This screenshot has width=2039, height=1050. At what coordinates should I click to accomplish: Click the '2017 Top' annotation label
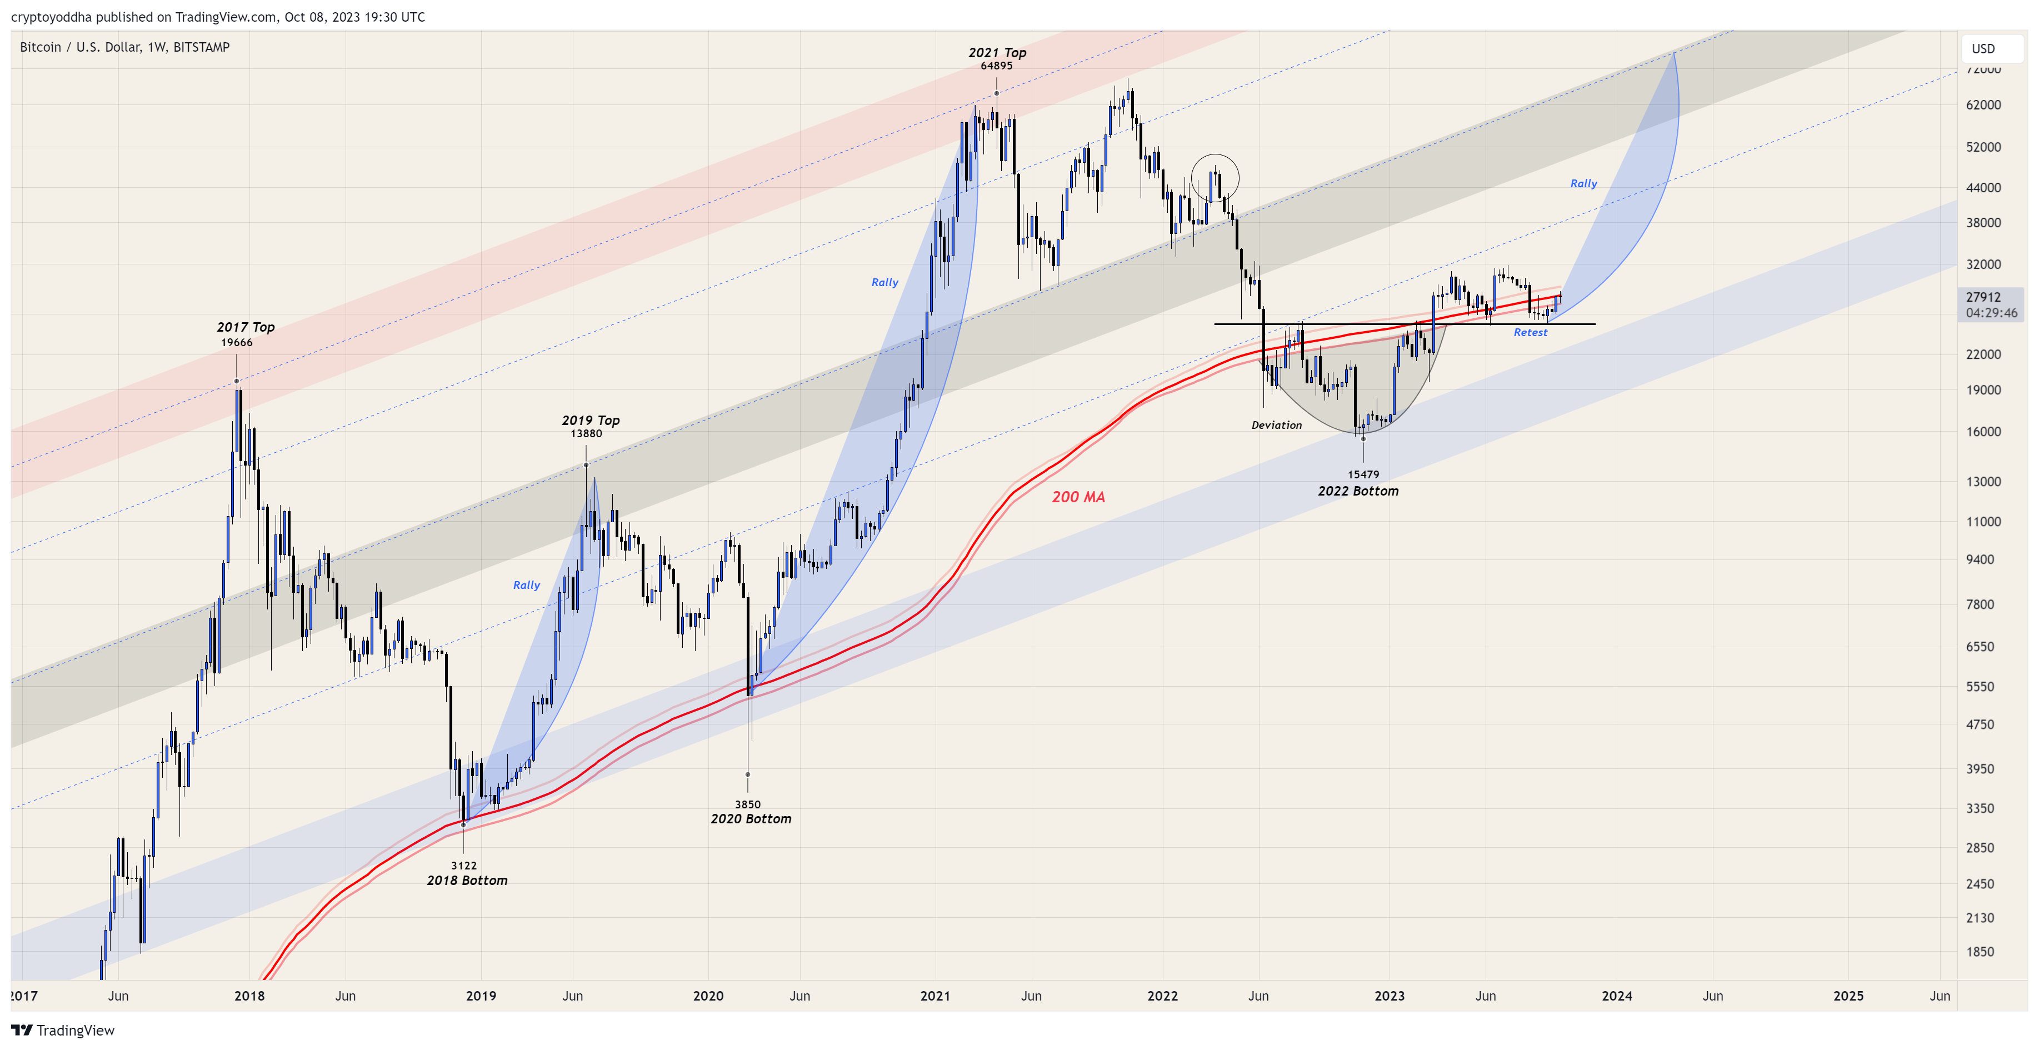246,327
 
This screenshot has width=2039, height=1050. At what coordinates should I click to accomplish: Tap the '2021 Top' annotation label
997,52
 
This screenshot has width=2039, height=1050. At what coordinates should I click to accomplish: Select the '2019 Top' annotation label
591,420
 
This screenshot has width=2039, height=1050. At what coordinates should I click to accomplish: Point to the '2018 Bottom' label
467,880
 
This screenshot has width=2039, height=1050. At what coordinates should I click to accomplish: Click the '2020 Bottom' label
751,818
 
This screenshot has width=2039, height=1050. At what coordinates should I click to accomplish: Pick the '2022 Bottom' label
1357,491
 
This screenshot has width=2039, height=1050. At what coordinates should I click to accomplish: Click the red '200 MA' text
1078,497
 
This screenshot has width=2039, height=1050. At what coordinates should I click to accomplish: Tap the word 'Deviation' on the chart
1276,425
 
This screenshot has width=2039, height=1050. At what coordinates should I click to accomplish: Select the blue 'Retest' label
1530,332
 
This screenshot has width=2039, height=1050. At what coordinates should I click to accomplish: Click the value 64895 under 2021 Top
996,66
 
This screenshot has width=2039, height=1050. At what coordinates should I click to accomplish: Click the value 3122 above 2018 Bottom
464,866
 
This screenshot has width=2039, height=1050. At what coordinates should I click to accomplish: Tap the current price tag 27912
1983,297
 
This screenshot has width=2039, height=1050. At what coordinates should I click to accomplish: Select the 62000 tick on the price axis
1983,104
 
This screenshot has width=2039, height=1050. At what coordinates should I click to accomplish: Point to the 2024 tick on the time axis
1616,996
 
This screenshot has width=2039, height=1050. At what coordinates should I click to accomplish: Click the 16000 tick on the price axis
1983,431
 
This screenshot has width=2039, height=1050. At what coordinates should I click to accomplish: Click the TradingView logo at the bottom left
63,1029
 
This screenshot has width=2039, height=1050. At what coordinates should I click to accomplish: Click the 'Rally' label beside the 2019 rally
526,585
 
